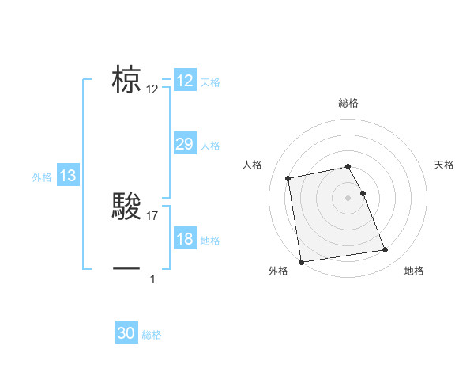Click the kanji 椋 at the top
(x=126, y=82)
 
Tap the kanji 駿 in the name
(x=126, y=207)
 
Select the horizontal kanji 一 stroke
(x=126, y=268)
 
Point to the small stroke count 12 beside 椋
(x=152, y=89)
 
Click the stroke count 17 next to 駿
(x=152, y=215)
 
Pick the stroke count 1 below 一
(x=152, y=279)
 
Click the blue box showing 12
(x=185, y=81)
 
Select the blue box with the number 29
(x=185, y=144)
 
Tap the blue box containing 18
(x=185, y=239)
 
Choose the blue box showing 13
(x=68, y=176)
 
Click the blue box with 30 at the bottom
(x=126, y=333)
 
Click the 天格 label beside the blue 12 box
(x=210, y=82)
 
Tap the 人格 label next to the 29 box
(x=210, y=146)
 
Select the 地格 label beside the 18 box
(x=210, y=241)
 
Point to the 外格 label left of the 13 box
(x=42, y=177)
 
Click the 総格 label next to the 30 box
(x=152, y=335)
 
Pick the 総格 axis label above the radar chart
(x=348, y=103)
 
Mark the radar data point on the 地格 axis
(x=385, y=250)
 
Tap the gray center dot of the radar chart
(x=348, y=197)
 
